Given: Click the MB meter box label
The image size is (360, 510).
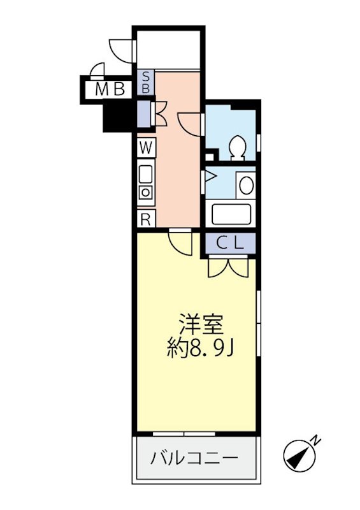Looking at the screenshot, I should [110, 90].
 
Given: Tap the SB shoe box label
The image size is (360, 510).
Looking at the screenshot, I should [145, 83].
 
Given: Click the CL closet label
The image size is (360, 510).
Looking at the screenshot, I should [229, 243].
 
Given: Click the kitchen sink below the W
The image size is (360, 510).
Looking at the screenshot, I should [146, 173].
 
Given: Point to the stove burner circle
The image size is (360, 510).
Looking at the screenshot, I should [146, 192].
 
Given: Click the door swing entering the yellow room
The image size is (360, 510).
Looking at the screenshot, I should [181, 243].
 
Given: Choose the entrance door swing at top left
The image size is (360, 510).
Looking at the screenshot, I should [122, 50].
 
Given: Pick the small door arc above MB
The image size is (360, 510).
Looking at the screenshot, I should [97, 69].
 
